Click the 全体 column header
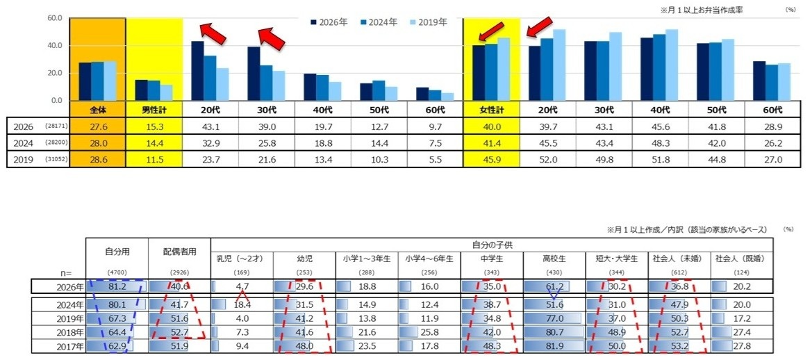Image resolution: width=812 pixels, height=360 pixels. coord(98,110)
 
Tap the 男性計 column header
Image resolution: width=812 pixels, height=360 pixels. coord(154,110)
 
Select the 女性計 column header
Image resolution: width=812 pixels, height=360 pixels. coord(491,110)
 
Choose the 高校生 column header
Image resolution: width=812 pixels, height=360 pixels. coord(554,259)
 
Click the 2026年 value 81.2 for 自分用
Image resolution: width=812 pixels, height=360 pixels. coord(117,286)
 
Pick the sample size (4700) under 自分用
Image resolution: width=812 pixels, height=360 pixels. coord(117,272)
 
